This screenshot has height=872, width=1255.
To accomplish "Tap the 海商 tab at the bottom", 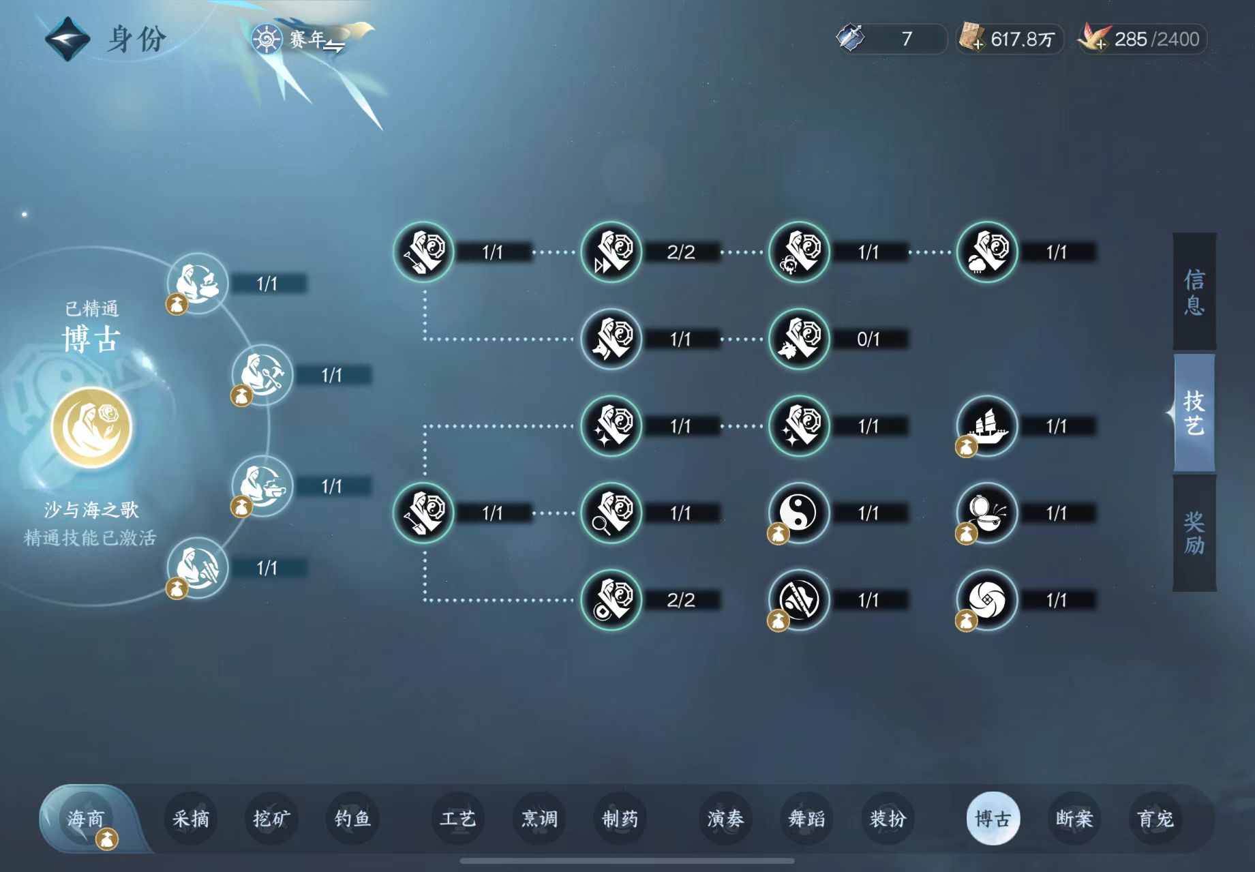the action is [x=86, y=818].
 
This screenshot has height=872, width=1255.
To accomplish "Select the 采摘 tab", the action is [x=191, y=818].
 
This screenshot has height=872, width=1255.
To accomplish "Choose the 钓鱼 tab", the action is [x=352, y=818].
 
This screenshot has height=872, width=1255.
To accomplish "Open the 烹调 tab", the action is [x=539, y=818].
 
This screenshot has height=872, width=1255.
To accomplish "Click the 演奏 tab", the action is [x=725, y=818].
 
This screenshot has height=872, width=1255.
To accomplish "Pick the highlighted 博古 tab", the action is [x=993, y=818].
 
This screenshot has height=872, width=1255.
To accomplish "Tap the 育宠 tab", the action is [x=1155, y=818].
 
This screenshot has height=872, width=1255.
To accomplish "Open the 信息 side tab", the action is [x=1194, y=292].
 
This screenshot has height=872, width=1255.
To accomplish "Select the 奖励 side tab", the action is [x=1194, y=533].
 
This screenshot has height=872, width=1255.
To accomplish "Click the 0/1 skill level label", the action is [x=868, y=339].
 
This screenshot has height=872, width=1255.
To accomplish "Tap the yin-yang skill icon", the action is [x=798, y=513].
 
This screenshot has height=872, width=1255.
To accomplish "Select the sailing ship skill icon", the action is [x=986, y=426].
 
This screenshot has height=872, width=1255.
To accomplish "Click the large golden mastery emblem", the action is [x=91, y=427].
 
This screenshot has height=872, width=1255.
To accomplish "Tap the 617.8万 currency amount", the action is [x=1023, y=39].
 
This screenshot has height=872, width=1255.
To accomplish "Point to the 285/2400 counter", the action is [x=1157, y=39].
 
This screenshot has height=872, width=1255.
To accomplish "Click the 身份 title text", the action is [x=136, y=39].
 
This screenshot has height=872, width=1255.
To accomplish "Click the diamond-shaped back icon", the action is [x=67, y=39].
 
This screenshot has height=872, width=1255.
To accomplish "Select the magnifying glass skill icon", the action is [x=611, y=513].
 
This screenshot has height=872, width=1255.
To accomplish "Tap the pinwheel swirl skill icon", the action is [x=986, y=600].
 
